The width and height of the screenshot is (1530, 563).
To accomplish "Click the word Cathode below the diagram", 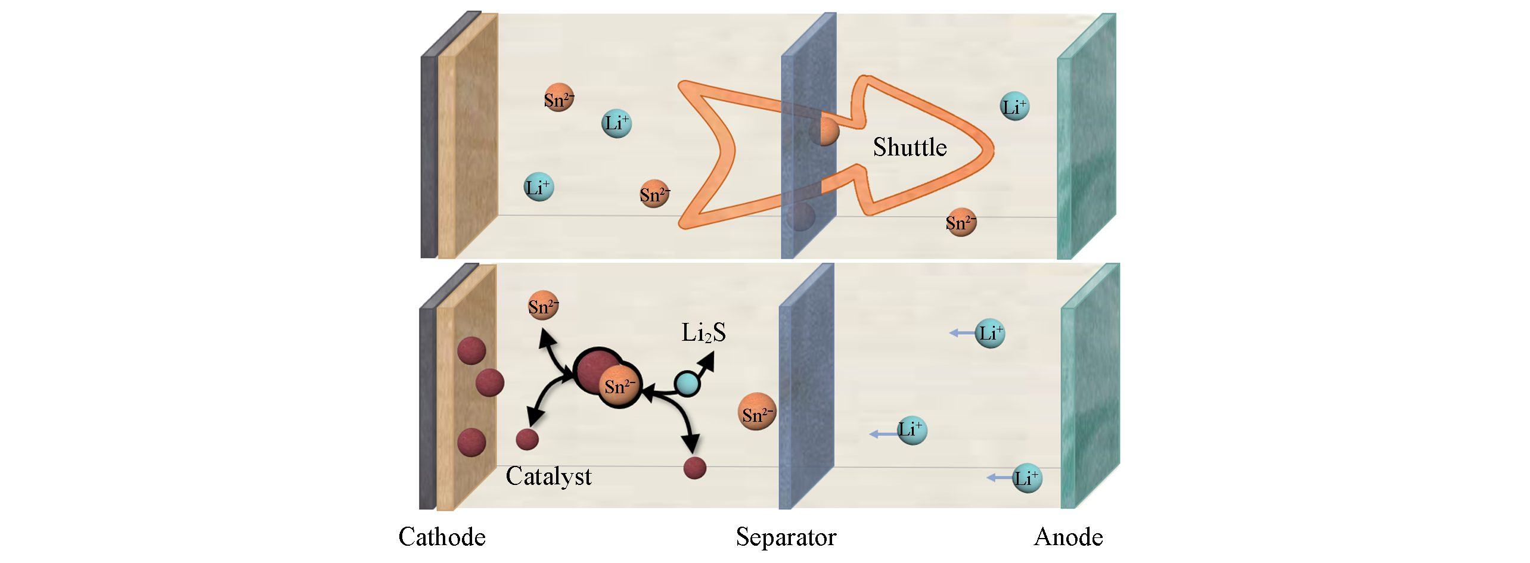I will coord(442,537).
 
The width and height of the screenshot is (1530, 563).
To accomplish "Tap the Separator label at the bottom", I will coord(786,537).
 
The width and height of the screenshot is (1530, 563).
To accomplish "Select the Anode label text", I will coord(1068,537).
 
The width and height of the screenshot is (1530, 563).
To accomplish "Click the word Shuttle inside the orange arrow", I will coord(910,147).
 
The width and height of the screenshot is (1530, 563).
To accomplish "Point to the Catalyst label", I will coord(548,477).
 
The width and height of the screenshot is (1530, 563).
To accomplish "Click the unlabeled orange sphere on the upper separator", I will coord(824,131).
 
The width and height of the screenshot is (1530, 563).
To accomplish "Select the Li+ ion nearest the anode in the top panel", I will coord(1014,107).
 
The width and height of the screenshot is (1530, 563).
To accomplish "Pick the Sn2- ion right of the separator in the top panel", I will coord(961,222).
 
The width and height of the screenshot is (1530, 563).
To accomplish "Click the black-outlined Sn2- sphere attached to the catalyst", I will coord(620,386).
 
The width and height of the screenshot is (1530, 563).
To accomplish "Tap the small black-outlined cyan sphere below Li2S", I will coord(687,384).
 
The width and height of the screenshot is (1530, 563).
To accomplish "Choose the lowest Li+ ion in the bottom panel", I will coord(1028,478).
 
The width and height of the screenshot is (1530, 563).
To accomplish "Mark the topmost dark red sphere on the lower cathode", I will coord(471,350).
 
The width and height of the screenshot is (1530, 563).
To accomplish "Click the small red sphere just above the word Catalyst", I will coord(527,440).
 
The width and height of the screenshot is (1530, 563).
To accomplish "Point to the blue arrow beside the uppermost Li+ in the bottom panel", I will coord(961,333).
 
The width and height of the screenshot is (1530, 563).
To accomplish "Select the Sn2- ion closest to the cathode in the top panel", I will coord(558,98).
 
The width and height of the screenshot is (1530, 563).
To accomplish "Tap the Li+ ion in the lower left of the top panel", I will coord(538,187).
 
